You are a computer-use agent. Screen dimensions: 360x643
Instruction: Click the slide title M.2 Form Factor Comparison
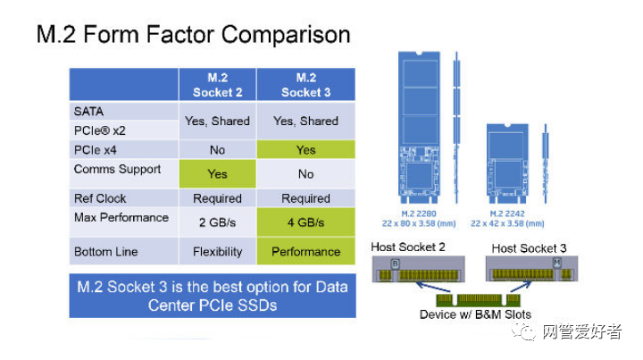pyautogui.click(x=192, y=36)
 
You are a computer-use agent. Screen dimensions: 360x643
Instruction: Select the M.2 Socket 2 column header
pyautogui.click(x=217, y=85)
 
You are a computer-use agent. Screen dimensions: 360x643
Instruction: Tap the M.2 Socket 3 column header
pyautogui.click(x=305, y=85)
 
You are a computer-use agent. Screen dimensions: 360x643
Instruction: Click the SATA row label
pyautogui.click(x=89, y=112)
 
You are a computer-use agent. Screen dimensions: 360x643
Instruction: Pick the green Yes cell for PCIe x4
pyautogui.click(x=305, y=150)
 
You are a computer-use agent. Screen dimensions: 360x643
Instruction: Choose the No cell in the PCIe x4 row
pyautogui.click(x=217, y=150)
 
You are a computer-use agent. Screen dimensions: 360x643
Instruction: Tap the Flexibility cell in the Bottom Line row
pyautogui.click(x=217, y=252)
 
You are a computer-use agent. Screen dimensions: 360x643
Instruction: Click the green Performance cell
pyautogui.click(x=305, y=252)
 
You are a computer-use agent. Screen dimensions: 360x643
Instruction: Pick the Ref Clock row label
pyautogui.click(x=100, y=198)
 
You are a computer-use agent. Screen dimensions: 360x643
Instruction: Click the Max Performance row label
pyautogui.click(x=121, y=217)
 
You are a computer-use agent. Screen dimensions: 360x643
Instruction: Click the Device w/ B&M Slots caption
pyautogui.click(x=475, y=314)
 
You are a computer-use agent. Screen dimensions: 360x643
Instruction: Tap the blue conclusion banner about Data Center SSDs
pyautogui.click(x=213, y=296)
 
